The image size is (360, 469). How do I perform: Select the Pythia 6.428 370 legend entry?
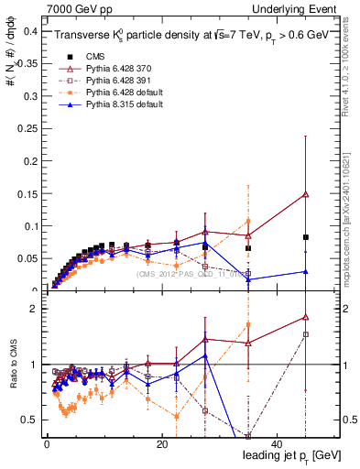tap(110, 69)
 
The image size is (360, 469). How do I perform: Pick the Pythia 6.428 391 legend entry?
tap(110, 81)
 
